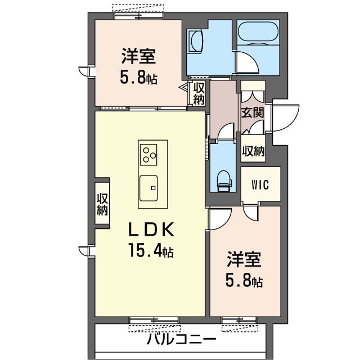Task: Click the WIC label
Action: pos(260,184)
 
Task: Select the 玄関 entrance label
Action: pos(253,112)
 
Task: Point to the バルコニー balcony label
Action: pos(181,340)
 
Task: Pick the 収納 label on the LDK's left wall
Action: pos(102,204)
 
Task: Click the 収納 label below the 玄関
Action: pos(253,151)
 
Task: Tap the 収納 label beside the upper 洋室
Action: pos(199,93)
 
